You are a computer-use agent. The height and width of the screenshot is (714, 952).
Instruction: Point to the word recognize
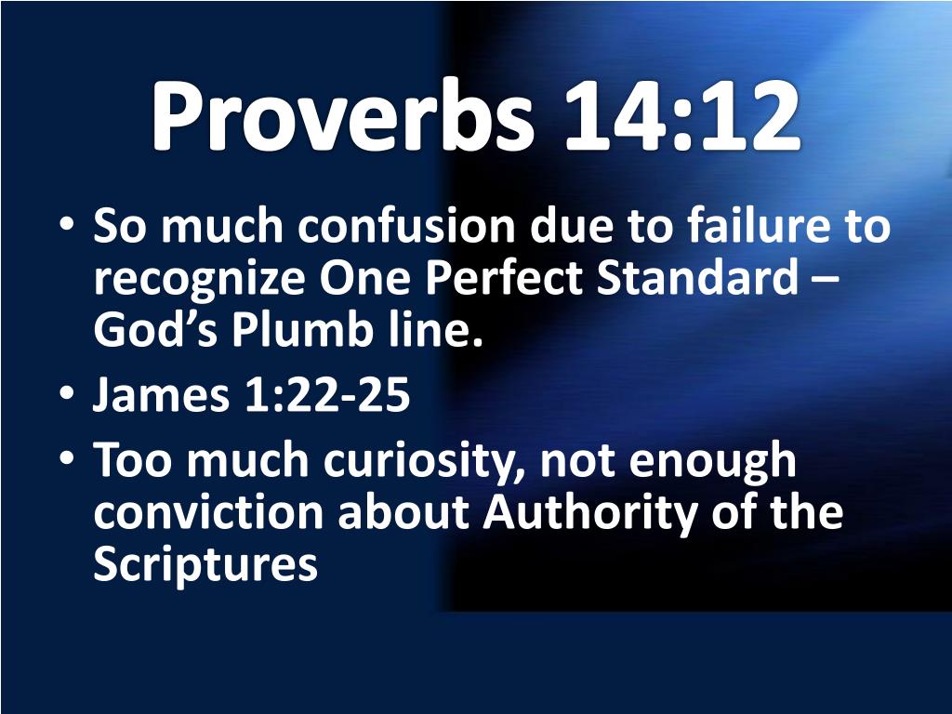coord(196,279)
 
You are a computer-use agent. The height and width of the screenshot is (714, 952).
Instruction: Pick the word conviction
coord(208,513)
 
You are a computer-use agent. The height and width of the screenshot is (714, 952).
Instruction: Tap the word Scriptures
coord(205,565)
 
